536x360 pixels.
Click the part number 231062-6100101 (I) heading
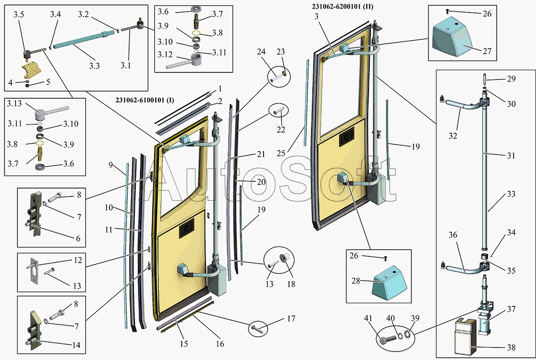(x=145, y=100)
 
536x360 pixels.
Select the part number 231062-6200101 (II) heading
(x=343, y=6)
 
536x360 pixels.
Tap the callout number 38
(x=511, y=347)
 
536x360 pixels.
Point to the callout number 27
(x=487, y=51)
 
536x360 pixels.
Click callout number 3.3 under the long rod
(x=94, y=66)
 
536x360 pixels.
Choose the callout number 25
(x=281, y=153)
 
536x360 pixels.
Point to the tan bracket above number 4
(x=31, y=71)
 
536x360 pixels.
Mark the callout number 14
(x=76, y=345)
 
